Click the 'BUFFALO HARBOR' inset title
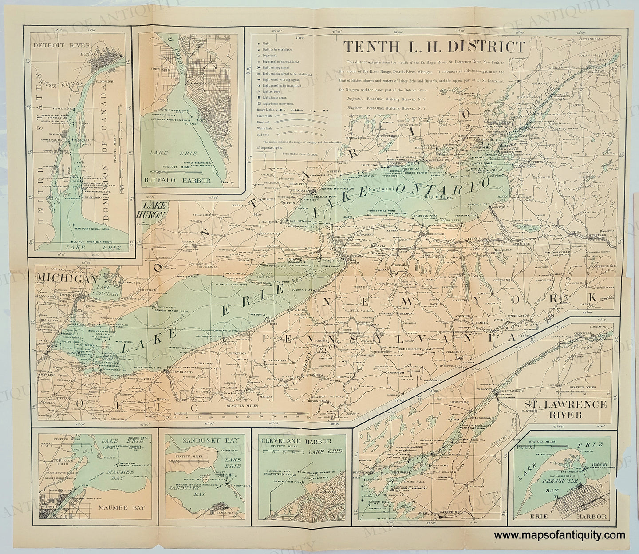point(177,181)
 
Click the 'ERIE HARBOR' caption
point(562,516)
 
